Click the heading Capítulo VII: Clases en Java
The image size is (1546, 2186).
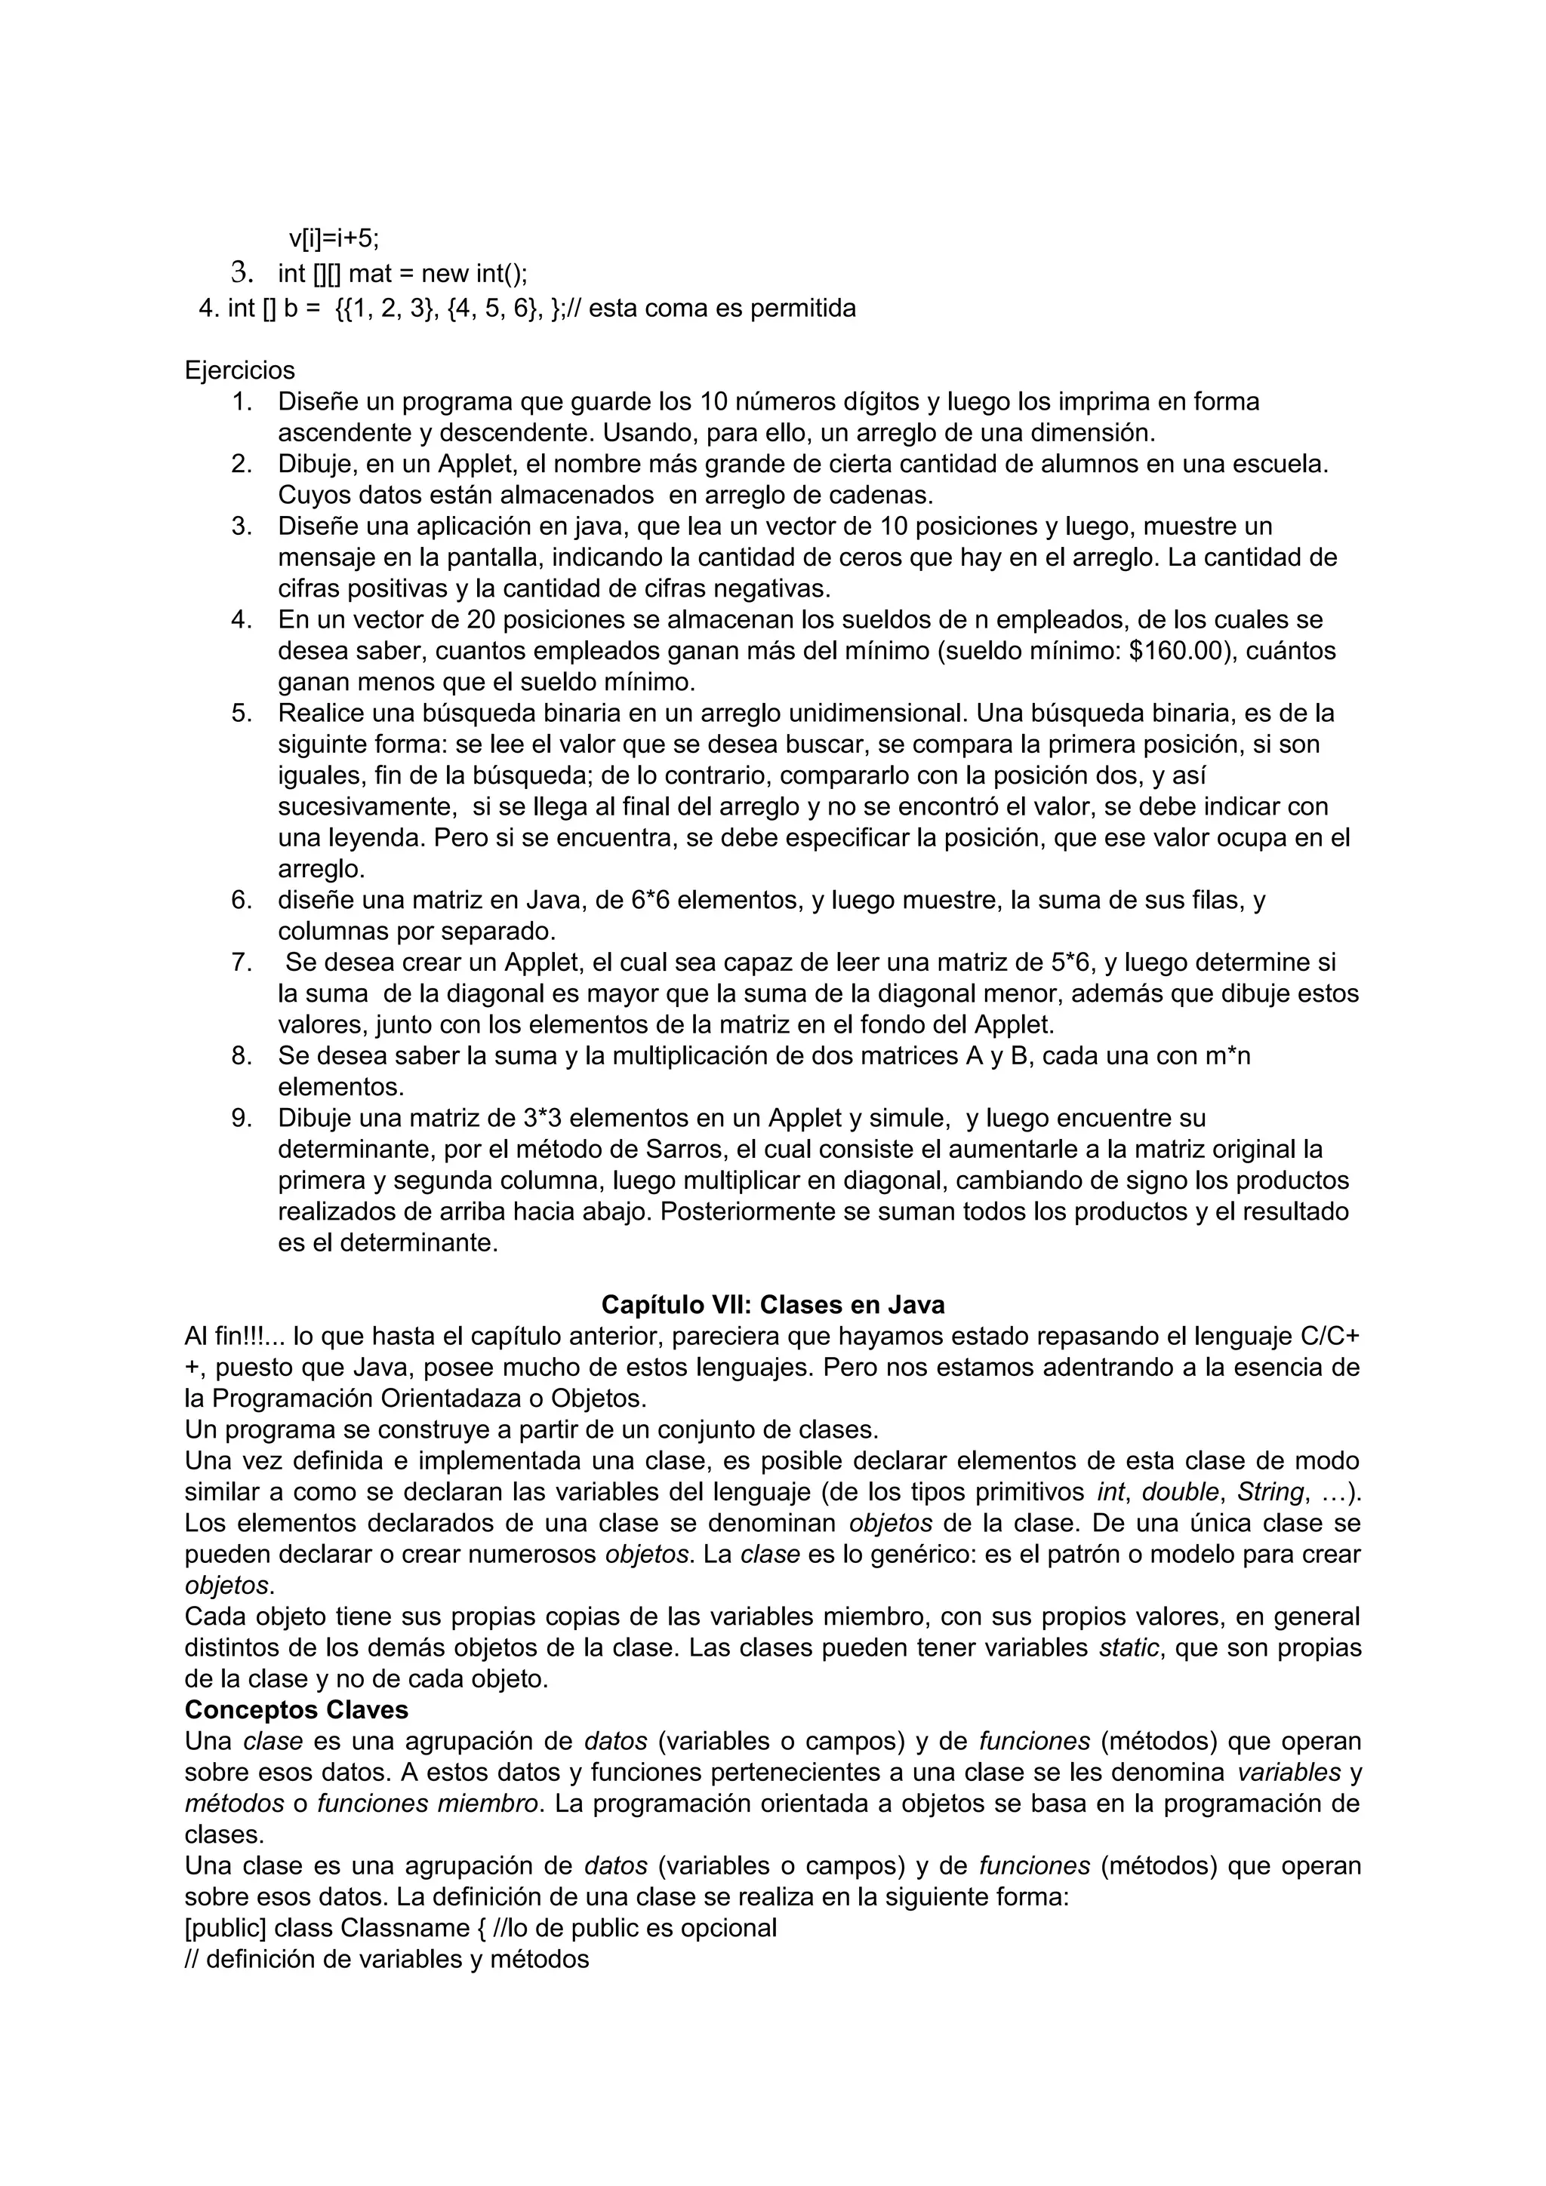tap(772, 1304)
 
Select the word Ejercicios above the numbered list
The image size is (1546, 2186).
tap(240, 370)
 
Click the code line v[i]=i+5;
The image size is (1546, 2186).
tap(334, 238)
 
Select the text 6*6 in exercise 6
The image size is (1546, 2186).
tap(651, 900)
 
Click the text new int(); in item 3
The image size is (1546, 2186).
tap(473, 275)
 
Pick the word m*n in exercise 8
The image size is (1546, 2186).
tap(1226, 1056)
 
